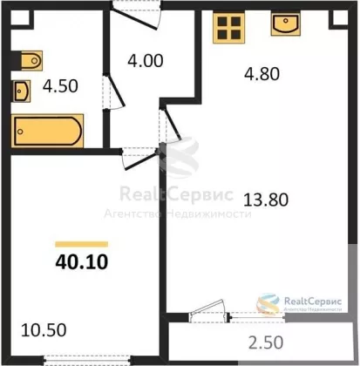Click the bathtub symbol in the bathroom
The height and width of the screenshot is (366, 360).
click(47, 131)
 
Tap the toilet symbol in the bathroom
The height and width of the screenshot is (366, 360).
click(31, 60)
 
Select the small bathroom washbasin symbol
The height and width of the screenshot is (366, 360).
click(22, 91)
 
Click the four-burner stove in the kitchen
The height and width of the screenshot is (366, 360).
click(229, 28)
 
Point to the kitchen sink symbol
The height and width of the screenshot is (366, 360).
click(286, 24)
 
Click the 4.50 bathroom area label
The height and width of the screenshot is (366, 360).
click(60, 86)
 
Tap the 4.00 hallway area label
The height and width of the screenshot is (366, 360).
click(146, 61)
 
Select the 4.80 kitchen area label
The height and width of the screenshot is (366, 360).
click(262, 74)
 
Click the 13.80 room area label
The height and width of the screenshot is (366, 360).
click(266, 200)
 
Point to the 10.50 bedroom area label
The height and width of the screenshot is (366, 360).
click(44, 330)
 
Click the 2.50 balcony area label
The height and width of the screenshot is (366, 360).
click(266, 342)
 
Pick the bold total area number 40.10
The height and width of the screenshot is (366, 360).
click(82, 261)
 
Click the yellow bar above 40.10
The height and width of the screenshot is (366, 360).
click(82, 244)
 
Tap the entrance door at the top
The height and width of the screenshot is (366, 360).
click(137, 16)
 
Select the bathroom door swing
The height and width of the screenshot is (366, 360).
click(115, 92)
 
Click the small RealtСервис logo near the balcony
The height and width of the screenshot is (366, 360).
click(299, 304)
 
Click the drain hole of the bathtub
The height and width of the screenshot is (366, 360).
click(20, 132)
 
